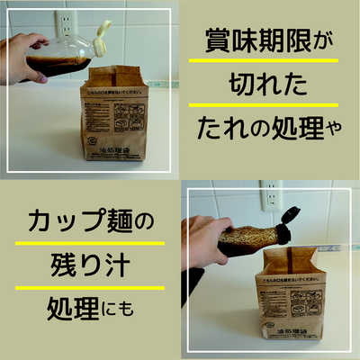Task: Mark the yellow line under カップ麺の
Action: coord(87,242)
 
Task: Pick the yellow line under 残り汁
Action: coord(87,287)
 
